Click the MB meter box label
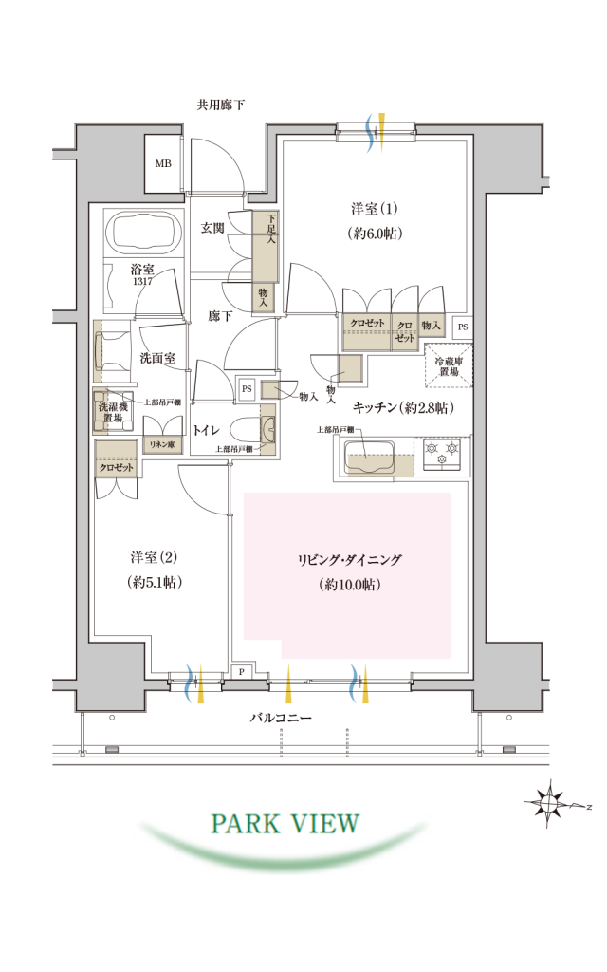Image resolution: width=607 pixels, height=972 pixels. coord(163,163)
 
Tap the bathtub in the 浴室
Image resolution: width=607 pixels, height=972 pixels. coord(144,232)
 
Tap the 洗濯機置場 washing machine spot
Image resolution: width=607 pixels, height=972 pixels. coord(114,412)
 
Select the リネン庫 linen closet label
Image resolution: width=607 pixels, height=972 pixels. coord(161,444)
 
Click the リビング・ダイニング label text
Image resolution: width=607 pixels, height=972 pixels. coord(350,560)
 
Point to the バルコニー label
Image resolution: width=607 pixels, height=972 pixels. coord(281,718)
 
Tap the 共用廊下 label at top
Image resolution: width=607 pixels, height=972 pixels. coord(220,104)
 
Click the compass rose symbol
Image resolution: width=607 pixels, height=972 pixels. coord(549,804)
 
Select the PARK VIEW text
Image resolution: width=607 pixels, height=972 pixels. coord(285,823)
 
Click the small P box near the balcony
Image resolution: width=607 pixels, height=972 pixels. coord(242,672)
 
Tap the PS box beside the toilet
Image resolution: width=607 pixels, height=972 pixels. coord(247,389)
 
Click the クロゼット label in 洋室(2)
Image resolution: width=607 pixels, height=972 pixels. coord(117,467)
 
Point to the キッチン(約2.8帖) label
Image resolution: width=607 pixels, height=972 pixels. coord(403,407)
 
